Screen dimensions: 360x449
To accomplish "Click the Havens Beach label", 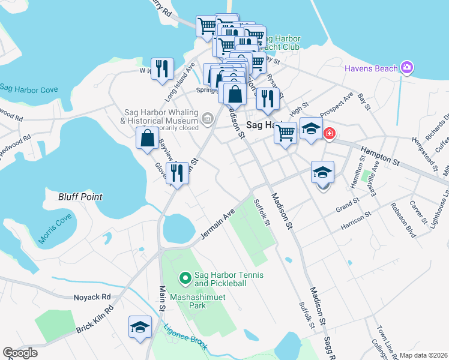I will pyautogui.click(x=370, y=68).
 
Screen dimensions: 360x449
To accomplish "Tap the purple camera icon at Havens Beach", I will pyautogui.click(x=408, y=67).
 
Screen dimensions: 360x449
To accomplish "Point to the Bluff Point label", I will pyautogui.click(x=80, y=196).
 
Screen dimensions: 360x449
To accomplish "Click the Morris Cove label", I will pyautogui.click(x=55, y=229).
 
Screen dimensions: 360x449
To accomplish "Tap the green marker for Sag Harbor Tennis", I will pyautogui.click(x=185, y=278).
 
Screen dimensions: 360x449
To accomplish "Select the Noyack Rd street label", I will pyautogui.click(x=92, y=296).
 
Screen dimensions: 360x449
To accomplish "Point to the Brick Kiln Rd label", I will pyautogui.click(x=94, y=321).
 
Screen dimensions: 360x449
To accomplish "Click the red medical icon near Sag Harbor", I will pyautogui.click(x=329, y=133).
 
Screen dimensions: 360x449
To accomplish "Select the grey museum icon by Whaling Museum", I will pyautogui.click(x=208, y=119).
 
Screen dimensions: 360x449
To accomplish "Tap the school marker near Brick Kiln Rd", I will pyautogui.click(x=140, y=326).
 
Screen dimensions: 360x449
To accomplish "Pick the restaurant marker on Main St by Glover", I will pyautogui.click(x=176, y=173).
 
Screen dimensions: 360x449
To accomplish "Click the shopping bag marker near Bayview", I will pyautogui.click(x=147, y=139).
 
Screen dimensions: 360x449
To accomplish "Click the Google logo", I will pyautogui.click(x=20, y=353).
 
